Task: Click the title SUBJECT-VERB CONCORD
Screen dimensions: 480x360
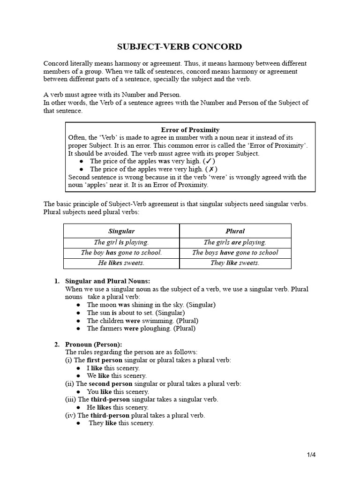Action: (180, 46)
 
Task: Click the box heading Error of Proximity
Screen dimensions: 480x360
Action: (190, 129)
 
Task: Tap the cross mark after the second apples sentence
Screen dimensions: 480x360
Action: (211, 169)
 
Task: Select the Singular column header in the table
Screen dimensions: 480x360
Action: (121, 231)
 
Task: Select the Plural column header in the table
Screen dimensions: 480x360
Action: (235, 231)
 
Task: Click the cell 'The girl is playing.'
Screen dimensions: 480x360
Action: (121, 242)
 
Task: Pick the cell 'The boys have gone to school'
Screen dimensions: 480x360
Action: (235, 253)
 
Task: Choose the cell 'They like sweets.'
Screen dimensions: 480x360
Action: (235, 263)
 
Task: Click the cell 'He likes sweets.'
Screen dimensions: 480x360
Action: (121, 263)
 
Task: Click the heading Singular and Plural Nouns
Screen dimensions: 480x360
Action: (107, 281)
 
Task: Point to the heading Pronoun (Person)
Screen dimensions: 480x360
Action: (93, 345)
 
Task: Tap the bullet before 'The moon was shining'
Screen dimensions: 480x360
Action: (79, 305)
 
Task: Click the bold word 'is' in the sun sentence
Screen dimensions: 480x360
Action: (114, 313)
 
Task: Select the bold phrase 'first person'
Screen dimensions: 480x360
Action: (105, 360)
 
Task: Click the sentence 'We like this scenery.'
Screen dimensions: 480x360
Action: (117, 376)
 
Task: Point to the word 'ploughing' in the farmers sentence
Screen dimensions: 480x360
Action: (157, 329)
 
